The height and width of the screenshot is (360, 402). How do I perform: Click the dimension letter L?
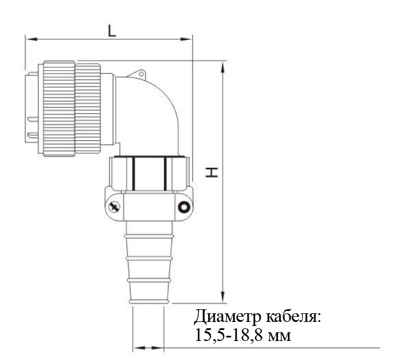point(112,31)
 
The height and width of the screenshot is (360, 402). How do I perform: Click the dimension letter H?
point(212,172)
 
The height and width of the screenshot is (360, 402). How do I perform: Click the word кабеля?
point(294,317)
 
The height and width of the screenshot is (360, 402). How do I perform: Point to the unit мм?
point(279,337)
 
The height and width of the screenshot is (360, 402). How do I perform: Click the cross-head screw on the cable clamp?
point(114,207)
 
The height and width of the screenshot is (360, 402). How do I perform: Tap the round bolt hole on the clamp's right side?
point(184,207)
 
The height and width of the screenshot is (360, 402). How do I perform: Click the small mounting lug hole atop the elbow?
point(141,74)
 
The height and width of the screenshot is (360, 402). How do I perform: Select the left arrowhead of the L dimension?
point(32,39)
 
